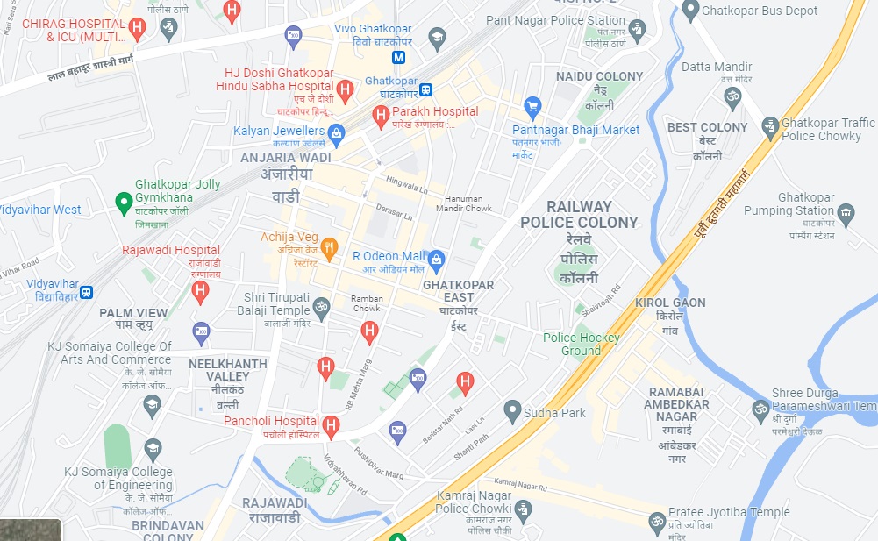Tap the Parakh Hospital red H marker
tap(381, 115)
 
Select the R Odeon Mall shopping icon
tap(437, 259)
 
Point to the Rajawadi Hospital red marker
tap(201, 290)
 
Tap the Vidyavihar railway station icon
tap(86, 291)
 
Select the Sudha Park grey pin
tap(513, 410)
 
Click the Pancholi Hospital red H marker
tap(331, 426)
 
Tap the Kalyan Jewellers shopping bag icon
tap(337, 132)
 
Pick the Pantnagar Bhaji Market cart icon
tap(532, 108)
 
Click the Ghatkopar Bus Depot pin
tap(690, 11)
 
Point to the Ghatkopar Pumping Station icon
tap(846, 212)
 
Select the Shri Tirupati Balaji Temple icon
tap(322, 307)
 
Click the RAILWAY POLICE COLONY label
tap(579, 214)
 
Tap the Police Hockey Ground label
tap(582, 344)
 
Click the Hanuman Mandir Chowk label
tap(463, 203)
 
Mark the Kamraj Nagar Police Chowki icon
tap(524, 509)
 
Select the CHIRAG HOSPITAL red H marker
tap(136, 28)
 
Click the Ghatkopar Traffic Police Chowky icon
tap(770, 127)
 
